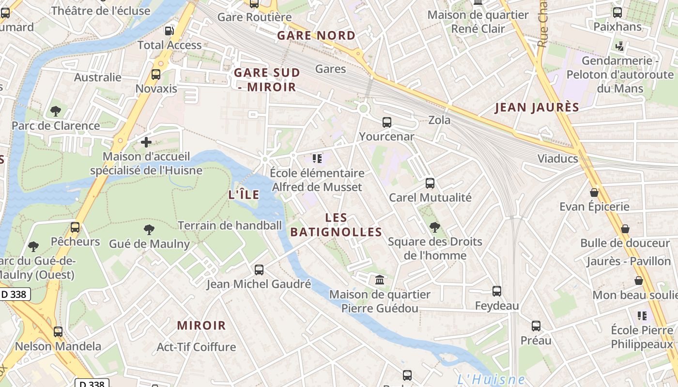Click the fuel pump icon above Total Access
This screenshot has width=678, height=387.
169,30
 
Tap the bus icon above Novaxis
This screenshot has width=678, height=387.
156,74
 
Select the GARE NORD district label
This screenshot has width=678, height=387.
316,35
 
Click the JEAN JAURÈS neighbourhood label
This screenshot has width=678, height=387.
537,107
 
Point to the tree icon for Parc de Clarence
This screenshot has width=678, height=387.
56,111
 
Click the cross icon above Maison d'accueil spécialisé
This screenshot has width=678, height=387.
146,142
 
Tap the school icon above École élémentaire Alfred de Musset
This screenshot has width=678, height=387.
317,159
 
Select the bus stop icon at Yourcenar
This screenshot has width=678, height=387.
386,122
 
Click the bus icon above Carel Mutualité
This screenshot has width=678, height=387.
430,183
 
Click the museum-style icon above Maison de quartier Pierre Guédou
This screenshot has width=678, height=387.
379,280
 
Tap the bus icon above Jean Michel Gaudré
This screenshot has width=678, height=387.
259,269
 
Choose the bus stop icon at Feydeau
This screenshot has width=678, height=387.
497,291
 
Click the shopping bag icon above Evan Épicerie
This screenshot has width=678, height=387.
594,193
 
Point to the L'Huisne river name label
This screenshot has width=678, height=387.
491,379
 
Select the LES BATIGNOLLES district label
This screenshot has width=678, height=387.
336,225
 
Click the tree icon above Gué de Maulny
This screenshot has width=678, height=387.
149,229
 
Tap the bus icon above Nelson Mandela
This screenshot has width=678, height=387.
58,332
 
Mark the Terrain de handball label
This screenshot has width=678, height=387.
230,225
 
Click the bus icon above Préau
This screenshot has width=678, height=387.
536,326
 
